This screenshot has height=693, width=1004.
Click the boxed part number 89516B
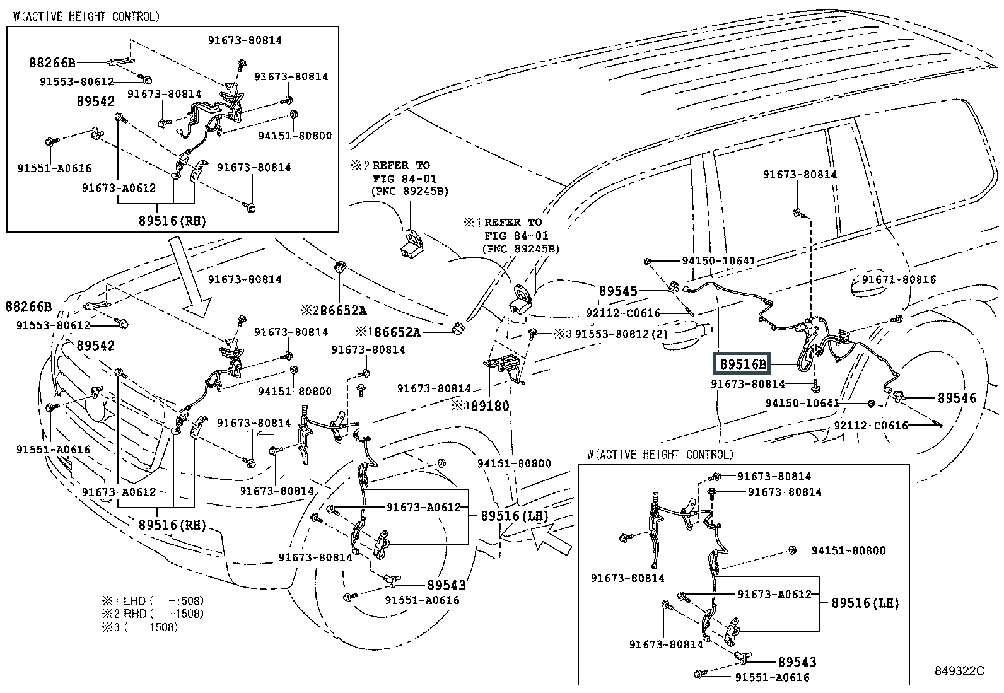tap(743, 364)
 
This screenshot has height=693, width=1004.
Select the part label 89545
tap(618, 291)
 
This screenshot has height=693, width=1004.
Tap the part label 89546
tap(956, 398)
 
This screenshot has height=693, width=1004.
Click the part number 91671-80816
tap(899, 280)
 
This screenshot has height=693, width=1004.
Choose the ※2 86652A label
tap(333, 310)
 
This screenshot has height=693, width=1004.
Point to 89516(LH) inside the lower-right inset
tap(865, 603)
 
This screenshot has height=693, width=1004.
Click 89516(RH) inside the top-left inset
tap(172, 221)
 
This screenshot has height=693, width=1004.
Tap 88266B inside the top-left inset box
tap(52, 62)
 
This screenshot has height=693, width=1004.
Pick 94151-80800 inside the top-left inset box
tap(295, 136)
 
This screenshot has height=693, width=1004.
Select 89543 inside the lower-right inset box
tap(797, 662)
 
